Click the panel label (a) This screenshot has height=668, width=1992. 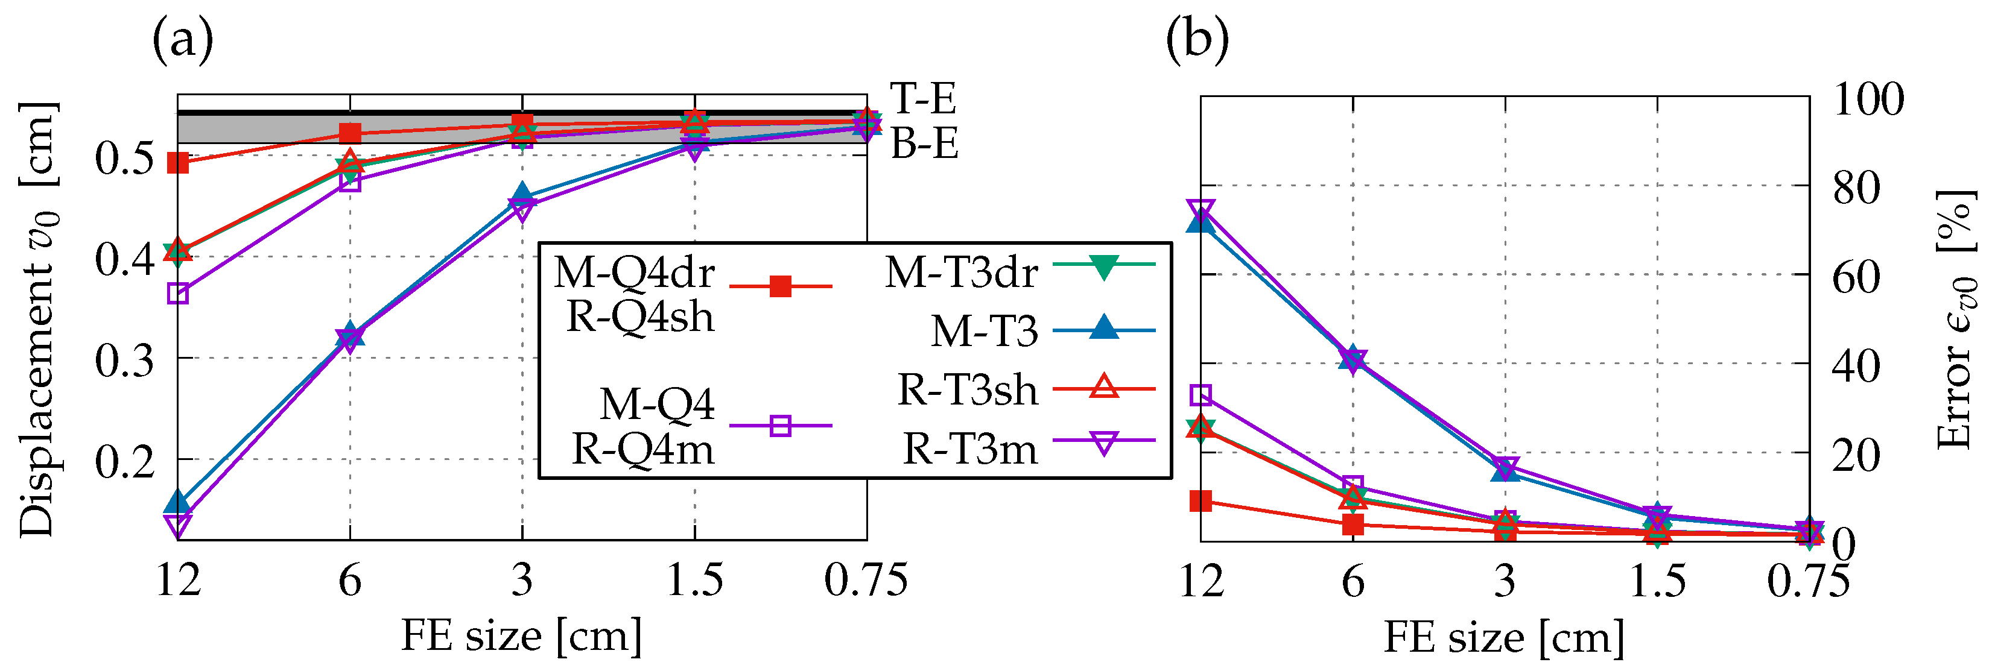[x=183, y=40]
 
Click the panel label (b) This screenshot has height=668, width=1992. [x=1197, y=40]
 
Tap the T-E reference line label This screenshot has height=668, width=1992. [x=922, y=99]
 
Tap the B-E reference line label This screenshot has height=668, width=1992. [x=924, y=144]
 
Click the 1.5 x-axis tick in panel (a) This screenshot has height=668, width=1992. [x=694, y=580]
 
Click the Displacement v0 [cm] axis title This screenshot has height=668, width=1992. [x=37, y=318]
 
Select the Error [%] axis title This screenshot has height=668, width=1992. [x=1956, y=318]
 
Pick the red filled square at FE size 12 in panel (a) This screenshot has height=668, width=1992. [x=178, y=162]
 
